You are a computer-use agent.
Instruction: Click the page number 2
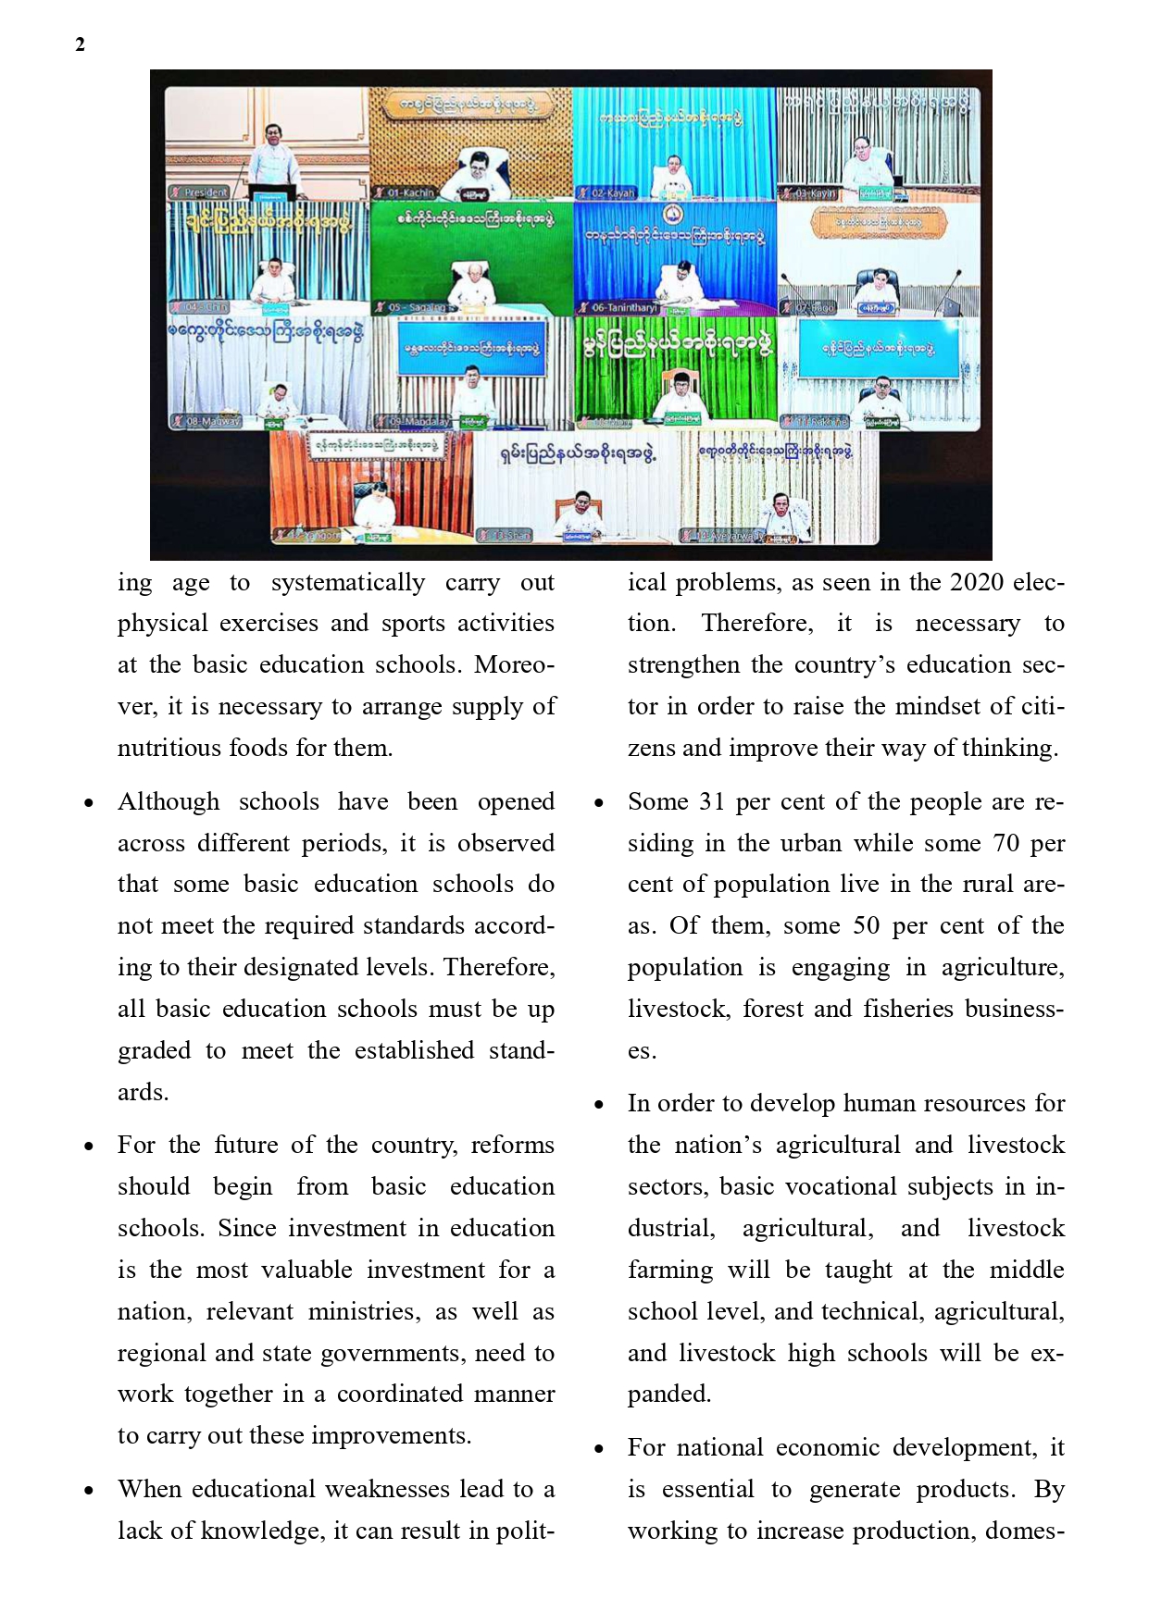81,44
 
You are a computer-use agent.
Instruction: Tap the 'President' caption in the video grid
204,192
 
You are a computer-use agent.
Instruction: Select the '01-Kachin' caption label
408,192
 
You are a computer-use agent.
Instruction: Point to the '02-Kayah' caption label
612,192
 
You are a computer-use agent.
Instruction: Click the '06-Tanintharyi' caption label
622,307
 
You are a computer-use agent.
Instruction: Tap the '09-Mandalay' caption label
418,422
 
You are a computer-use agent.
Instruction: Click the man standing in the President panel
270,157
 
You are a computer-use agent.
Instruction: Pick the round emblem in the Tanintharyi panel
673,217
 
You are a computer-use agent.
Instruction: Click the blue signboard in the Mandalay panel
471,349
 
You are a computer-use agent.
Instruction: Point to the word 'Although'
169,801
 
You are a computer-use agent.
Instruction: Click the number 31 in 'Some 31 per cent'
711,801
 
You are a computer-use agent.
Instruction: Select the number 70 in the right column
1005,843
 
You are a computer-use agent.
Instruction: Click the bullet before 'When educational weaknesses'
89,1491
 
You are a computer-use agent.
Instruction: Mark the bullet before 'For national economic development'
599,1449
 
